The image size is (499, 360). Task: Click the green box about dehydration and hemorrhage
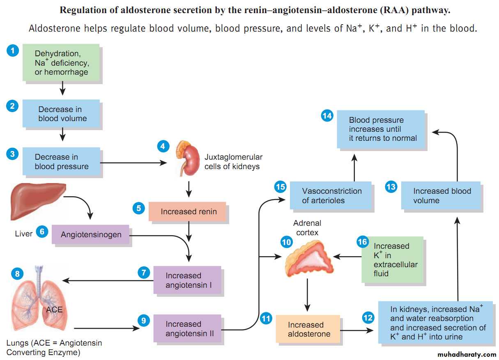coord(62,63)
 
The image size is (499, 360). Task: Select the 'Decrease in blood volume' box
coord(62,114)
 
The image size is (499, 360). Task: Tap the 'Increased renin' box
coord(187,212)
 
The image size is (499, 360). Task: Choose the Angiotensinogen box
coord(91,234)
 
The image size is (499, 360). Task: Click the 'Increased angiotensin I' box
coord(187,280)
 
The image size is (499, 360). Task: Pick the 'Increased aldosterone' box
coord(308,329)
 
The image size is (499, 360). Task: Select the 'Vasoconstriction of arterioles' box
coord(331,196)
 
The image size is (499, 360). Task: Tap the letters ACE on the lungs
coord(54,309)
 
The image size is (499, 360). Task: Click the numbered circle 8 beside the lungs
coord(17,273)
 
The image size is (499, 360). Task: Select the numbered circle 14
coord(327,116)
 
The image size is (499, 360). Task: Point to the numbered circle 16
coord(362,242)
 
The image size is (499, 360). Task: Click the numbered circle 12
coord(368,317)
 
